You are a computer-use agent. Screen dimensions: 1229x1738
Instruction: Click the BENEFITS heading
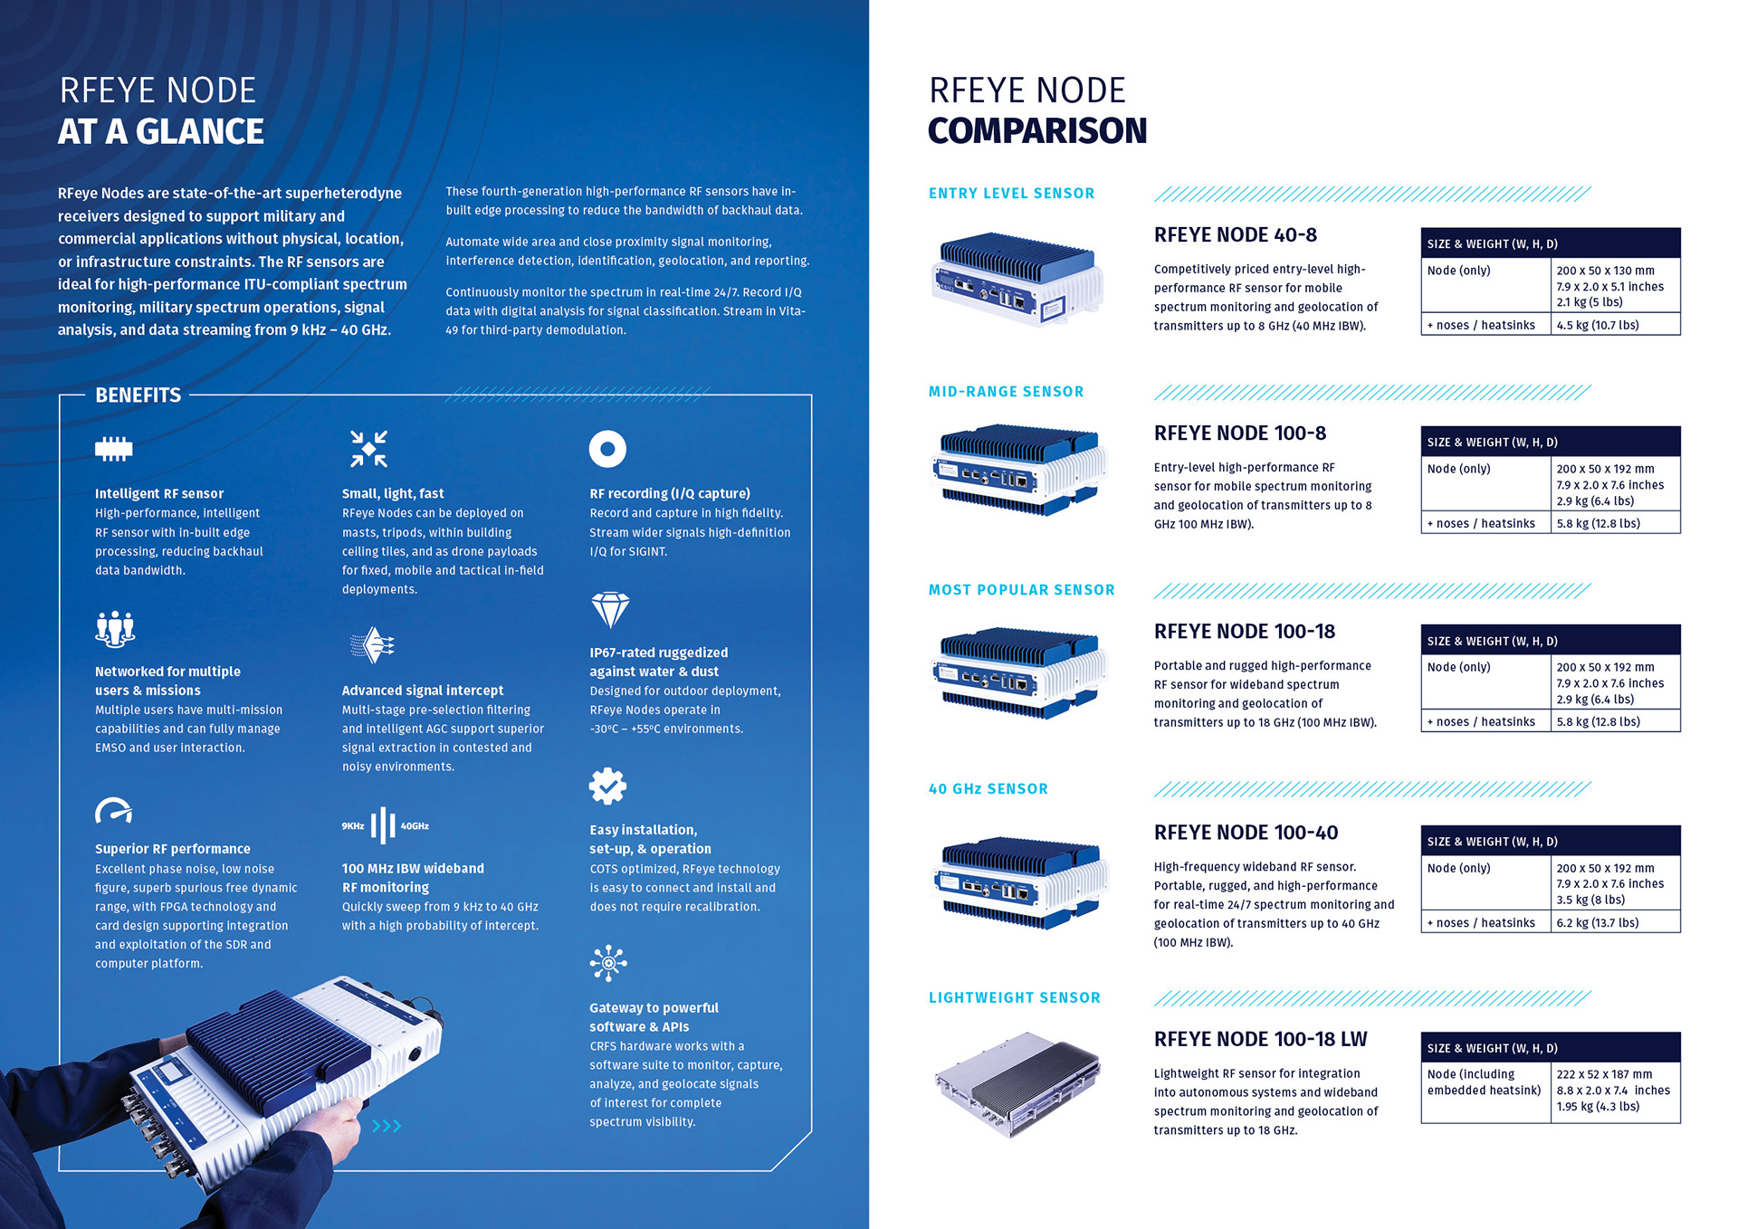pyautogui.click(x=138, y=395)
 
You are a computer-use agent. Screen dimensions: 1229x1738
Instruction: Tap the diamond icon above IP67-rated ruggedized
pyautogui.click(x=610, y=610)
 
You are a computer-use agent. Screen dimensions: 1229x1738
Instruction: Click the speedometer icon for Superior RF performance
pyautogui.click(x=114, y=811)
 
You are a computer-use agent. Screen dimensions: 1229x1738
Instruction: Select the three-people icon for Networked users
pyautogui.click(x=115, y=628)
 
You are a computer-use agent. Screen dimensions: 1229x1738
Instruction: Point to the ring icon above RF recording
pyautogui.click(x=607, y=449)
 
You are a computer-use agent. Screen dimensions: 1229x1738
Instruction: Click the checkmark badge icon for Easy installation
pyautogui.click(x=607, y=786)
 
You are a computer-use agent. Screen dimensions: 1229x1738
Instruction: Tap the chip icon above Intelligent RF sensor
pyautogui.click(x=114, y=449)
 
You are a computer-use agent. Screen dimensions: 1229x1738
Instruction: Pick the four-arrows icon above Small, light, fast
pyautogui.click(x=368, y=449)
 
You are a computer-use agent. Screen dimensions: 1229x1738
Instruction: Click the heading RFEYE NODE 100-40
pyautogui.click(x=1246, y=833)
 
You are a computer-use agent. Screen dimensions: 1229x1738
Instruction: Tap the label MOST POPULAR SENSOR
pyautogui.click(x=1021, y=590)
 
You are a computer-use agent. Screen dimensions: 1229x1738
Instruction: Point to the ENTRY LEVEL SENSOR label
pyautogui.click(x=1011, y=194)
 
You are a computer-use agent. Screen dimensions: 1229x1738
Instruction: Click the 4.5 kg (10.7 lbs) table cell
pyautogui.click(x=1598, y=325)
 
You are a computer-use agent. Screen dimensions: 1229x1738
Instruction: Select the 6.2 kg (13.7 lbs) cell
pyautogui.click(x=1598, y=923)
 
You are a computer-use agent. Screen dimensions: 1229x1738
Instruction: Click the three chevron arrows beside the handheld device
pyautogui.click(x=387, y=1126)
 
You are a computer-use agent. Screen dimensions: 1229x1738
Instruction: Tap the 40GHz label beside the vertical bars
pyautogui.click(x=415, y=826)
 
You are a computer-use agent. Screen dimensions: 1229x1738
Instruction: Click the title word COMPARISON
pyautogui.click(x=1037, y=131)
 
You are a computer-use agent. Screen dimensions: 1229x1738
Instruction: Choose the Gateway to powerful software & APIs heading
pyautogui.click(x=654, y=1017)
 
